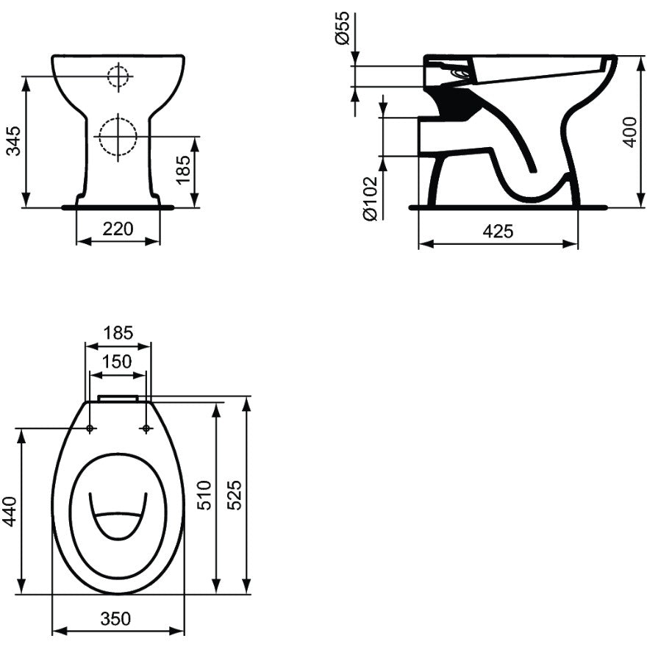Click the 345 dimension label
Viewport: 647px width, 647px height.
15,141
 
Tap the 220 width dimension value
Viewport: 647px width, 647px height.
118,229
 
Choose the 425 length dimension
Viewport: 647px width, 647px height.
498,232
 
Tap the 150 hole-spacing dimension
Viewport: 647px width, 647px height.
117,362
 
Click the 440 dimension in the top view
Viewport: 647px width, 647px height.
10,512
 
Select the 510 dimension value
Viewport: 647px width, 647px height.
204,495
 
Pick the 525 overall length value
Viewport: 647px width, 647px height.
235,495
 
